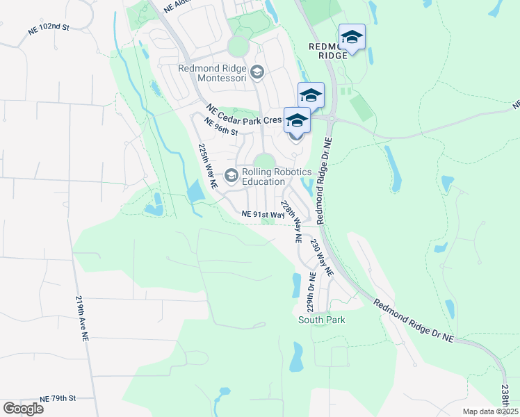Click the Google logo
tap(23, 409)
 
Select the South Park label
tap(321, 320)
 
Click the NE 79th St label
tap(57, 398)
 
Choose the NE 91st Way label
tap(263, 215)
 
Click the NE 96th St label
tap(220, 127)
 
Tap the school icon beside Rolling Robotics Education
tap(231, 174)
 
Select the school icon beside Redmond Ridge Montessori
tap(257, 72)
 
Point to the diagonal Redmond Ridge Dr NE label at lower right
tap(413, 322)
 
